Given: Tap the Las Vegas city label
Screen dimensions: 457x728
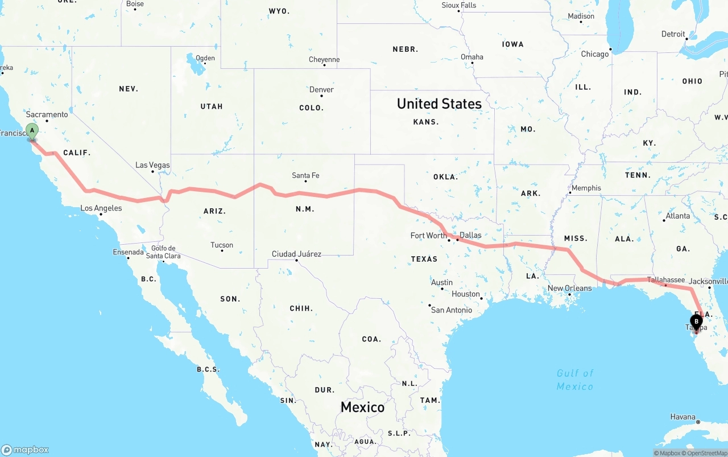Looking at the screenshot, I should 152,165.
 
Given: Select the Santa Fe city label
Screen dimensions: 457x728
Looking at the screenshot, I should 305,175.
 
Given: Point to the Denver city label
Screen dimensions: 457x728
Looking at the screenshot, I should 321,89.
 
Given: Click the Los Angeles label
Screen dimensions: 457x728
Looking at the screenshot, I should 101,208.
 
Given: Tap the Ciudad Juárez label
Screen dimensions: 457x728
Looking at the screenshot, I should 296,254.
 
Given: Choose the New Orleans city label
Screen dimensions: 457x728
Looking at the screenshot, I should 569,288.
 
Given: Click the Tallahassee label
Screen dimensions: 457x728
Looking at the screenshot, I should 666,279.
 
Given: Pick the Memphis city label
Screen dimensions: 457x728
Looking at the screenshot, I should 586,188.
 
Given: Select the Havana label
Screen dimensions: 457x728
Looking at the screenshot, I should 682,417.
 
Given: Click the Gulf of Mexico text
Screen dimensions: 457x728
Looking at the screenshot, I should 575,380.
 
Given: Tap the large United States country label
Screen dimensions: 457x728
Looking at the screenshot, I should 439,104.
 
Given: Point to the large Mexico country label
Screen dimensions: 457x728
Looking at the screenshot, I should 362,407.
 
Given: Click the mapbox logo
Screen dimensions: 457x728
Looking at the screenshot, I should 25,450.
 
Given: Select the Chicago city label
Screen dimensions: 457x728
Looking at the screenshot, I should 594,54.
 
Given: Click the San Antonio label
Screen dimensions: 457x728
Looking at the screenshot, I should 452,310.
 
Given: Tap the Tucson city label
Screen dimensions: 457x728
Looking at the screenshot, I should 222,245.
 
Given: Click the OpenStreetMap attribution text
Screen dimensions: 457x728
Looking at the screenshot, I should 706,453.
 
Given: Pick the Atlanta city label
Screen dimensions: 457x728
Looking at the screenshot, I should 678,216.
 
